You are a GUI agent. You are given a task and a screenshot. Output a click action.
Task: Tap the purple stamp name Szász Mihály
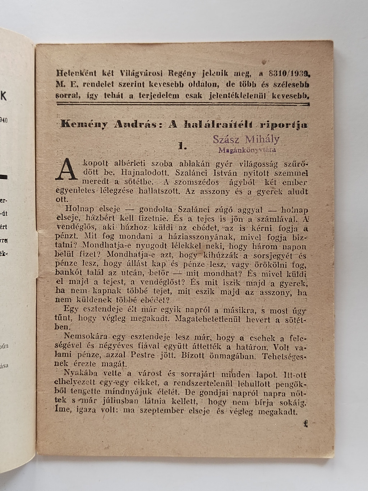[246, 140]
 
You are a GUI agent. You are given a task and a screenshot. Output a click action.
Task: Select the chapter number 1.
[182, 146]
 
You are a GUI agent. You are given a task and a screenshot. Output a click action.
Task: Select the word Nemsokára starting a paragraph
[82, 337]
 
